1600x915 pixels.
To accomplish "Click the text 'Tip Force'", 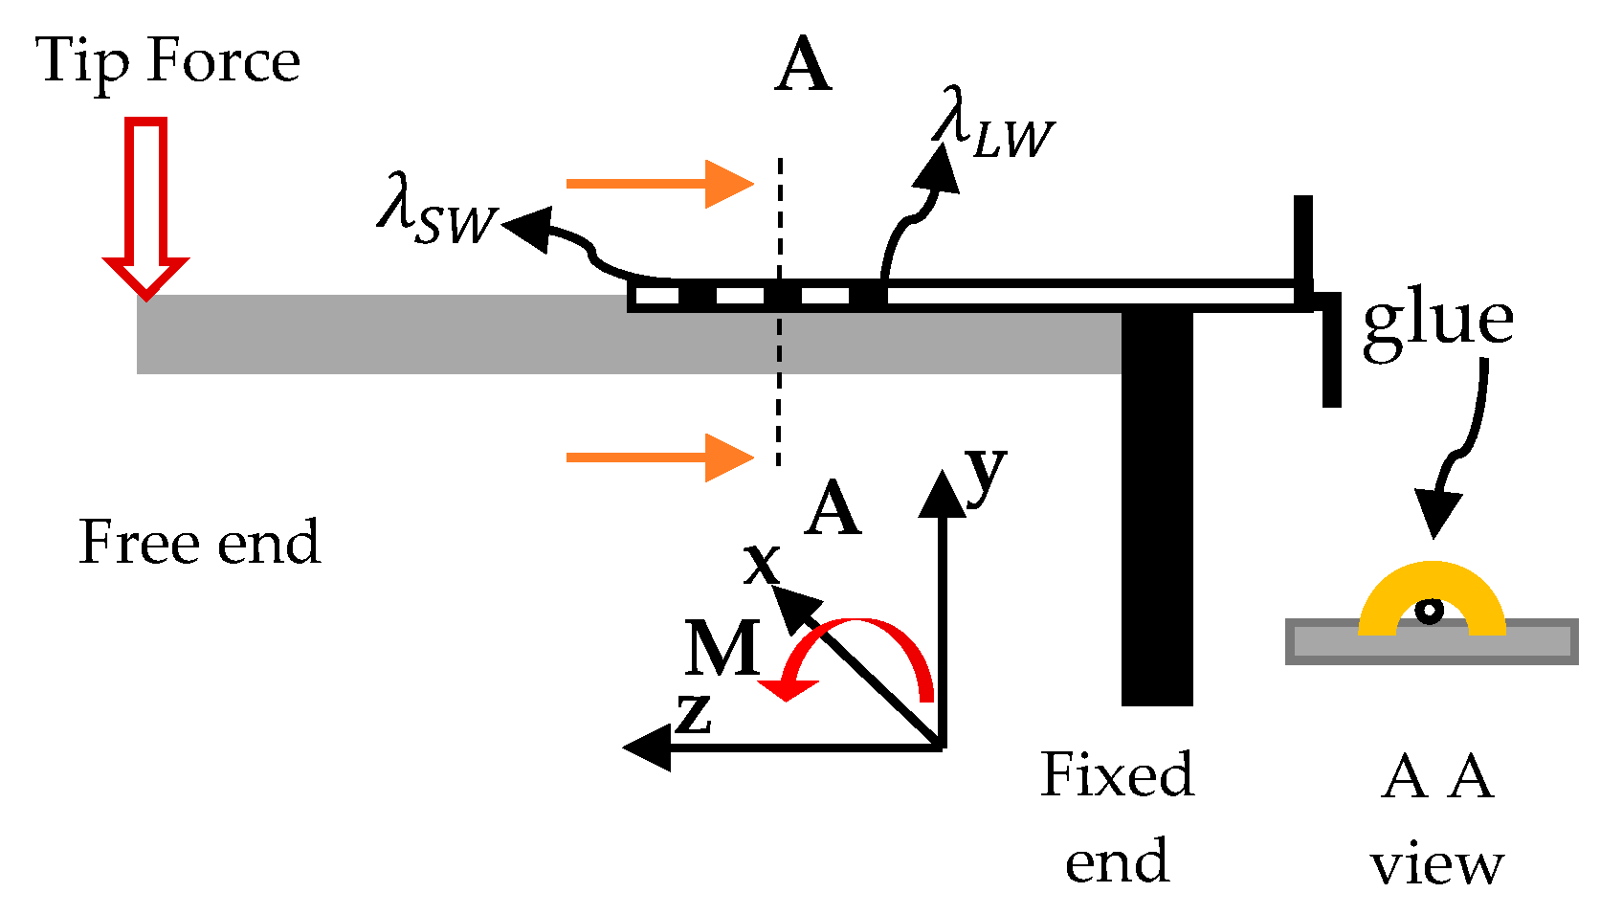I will tap(168, 61).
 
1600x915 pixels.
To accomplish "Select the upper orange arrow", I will tap(659, 183).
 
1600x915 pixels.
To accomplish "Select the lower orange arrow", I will tap(659, 457).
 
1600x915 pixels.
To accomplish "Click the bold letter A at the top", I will tap(803, 67).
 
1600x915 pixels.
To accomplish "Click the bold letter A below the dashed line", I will tap(833, 510).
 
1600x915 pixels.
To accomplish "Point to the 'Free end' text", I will tap(199, 543).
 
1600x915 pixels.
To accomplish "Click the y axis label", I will tap(986, 471).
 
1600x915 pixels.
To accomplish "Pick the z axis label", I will tap(694, 714).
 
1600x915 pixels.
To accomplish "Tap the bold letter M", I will tap(722, 649).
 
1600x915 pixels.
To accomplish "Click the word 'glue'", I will tap(1438, 321).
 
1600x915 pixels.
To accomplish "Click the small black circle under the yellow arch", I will tap(1430, 611).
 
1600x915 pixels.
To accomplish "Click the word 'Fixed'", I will tap(1117, 774).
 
